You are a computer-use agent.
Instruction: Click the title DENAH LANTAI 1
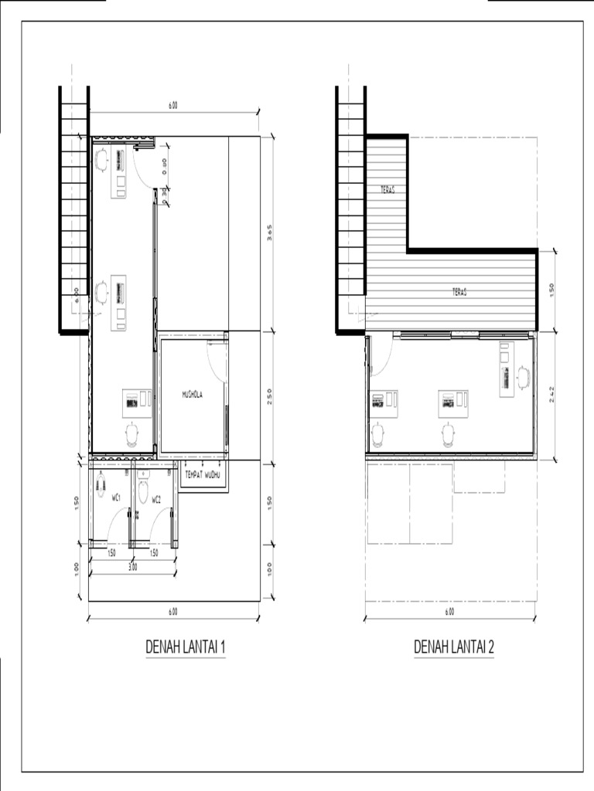[x=186, y=647]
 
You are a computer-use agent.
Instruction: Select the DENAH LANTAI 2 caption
[x=454, y=647]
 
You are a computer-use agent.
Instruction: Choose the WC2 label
[x=156, y=500]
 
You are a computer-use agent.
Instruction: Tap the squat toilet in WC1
[x=101, y=485]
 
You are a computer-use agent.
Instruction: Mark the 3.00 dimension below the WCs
[x=132, y=566]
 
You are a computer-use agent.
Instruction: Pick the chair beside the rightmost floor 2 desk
[x=524, y=377]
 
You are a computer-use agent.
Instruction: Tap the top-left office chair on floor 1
[x=101, y=159]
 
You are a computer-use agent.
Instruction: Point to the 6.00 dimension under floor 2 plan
[x=449, y=611]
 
